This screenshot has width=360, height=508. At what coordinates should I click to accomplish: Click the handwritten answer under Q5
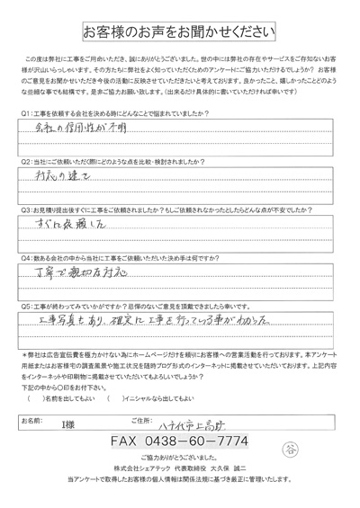[x=157, y=319]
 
